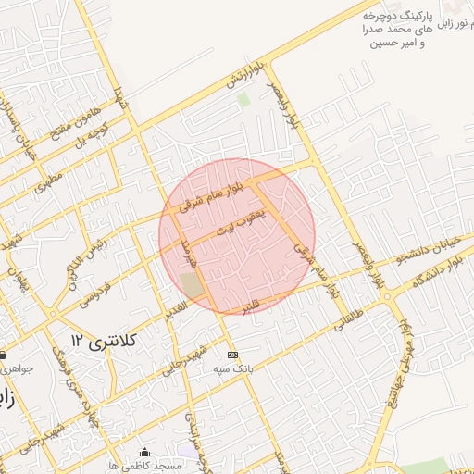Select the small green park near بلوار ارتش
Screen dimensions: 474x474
click(x=243, y=99)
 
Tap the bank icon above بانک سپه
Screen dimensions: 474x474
click(x=232, y=355)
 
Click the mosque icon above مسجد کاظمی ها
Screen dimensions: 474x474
click(x=144, y=452)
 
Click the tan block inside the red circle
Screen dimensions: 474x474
click(x=192, y=285)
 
